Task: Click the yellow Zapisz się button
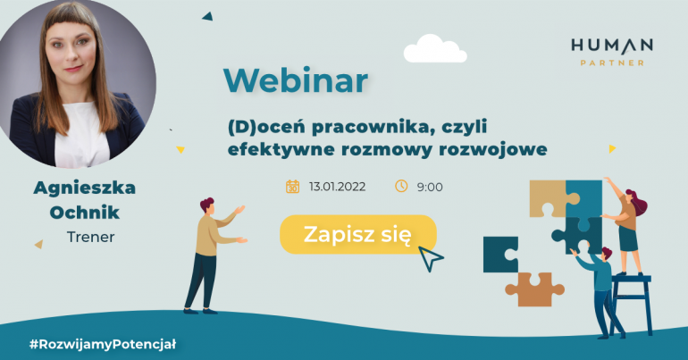point(358,235)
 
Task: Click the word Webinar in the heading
point(295,80)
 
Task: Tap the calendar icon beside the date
point(293,187)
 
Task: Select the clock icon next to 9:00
point(401,186)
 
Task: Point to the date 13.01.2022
point(337,187)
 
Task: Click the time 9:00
point(430,188)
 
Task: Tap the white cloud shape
point(435,48)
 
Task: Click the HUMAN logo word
point(612,46)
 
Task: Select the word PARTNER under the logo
point(612,63)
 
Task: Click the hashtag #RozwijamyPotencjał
point(103,344)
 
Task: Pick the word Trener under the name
point(91,237)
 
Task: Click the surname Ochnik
point(84,213)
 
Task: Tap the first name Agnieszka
point(84,188)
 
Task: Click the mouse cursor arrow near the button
point(430,258)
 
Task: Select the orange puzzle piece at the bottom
point(535,289)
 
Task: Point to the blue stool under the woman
point(631,304)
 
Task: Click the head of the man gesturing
point(207,205)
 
